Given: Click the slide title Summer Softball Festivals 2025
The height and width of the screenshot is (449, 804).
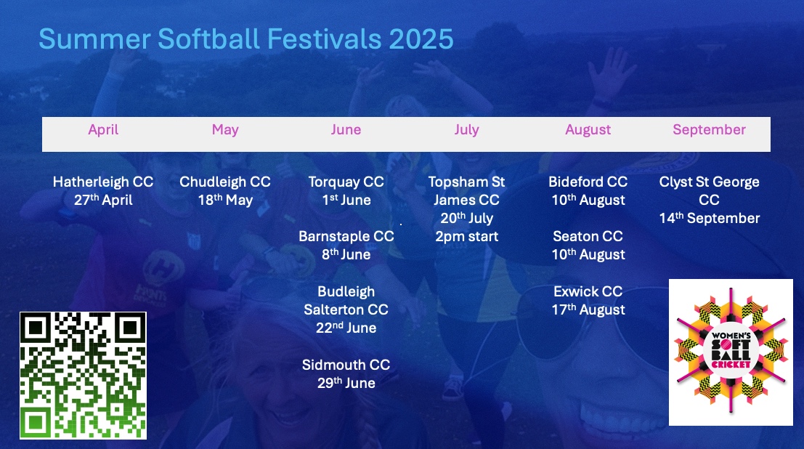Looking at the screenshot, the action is pyautogui.click(x=246, y=39).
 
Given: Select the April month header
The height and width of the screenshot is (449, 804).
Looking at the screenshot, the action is pyautogui.click(x=103, y=130).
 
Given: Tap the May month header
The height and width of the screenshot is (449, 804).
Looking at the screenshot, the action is pyautogui.click(x=225, y=130).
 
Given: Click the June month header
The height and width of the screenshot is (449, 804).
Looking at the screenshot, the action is pyautogui.click(x=346, y=129).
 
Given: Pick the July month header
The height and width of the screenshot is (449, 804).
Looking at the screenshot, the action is pyautogui.click(x=466, y=130).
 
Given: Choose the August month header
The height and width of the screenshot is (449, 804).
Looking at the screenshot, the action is pyautogui.click(x=588, y=130).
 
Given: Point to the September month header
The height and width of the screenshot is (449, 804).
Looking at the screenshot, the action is pyautogui.click(x=709, y=130).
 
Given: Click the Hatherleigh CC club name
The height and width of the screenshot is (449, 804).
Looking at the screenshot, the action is pyautogui.click(x=103, y=182).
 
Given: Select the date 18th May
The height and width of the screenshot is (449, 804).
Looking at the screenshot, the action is pyautogui.click(x=226, y=200).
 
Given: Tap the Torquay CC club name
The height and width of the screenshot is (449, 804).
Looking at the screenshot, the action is pyautogui.click(x=346, y=182).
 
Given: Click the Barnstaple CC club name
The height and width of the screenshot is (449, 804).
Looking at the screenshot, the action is pyautogui.click(x=346, y=237).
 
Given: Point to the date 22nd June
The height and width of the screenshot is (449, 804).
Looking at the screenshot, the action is pyautogui.click(x=346, y=328).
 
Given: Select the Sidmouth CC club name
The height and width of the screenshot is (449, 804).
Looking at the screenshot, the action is pyautogui.click(x=346, y=365).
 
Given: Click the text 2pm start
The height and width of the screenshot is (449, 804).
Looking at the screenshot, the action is pyautogui.click(x=466, y=237).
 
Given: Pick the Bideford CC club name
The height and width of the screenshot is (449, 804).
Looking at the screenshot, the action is pyautogui.click(x=588, y=182).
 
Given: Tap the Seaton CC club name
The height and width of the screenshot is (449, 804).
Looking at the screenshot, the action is pyautogui.click(x=588, y=237).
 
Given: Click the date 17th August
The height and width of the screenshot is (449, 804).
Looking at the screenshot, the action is pyautogui.click(x=588, y=310).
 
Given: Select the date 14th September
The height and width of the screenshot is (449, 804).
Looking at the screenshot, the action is pyautogui.click(x=709, y=218).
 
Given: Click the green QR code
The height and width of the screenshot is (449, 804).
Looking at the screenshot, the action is pyautogui.click(x=83, y=376).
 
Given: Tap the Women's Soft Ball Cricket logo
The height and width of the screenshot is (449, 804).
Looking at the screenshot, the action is pyautogui.click(x=731, y=352).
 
